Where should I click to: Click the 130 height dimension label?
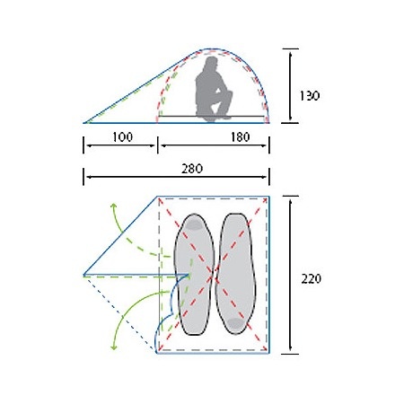click(x=310, y=96)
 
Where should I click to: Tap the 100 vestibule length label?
click(x=122, y=137)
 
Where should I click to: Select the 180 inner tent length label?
click(x=240, y=137)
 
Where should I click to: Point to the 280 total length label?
click(x=192, y=169)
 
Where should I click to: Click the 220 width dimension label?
click(x=311, y=279)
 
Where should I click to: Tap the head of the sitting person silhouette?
click(x=212, y=63)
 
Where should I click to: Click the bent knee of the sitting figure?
click(x=229, y=93)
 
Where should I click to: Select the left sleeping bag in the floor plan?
click(x=194, y=274)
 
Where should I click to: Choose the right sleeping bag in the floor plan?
click(x=235, y=273)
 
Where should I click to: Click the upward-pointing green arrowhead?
click(x=113, y=206)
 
